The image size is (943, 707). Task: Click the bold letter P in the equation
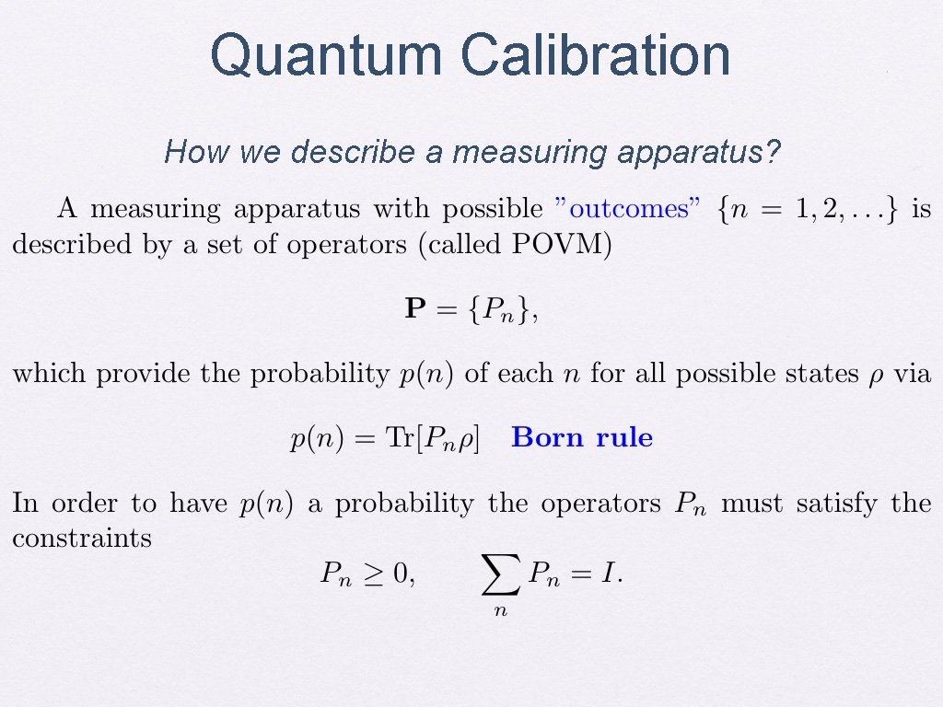tap(413, 310)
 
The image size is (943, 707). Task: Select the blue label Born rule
tap(582, 438)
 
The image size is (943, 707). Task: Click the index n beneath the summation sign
tap(500, 609)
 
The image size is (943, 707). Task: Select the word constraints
tap(82, 539)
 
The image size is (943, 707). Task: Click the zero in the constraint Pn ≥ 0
tap(400, 575)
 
